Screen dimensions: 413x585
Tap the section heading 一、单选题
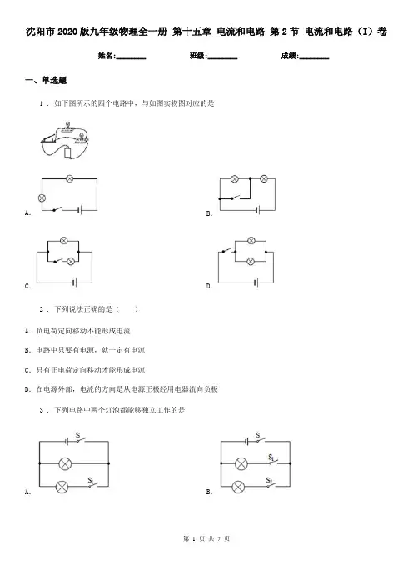(x=46, y=80)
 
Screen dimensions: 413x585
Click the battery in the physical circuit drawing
(x=67, y=152)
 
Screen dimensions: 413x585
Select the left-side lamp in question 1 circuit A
(x=42, y=197)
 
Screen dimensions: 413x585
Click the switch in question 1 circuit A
(x=57, y=209)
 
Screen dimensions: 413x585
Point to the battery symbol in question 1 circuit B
(x=257, y=210)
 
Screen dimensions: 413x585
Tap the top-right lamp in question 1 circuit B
(x=264, y=178)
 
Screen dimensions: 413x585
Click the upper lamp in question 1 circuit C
(x=64, y=241)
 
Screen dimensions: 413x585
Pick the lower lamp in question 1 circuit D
(x=251, y=261)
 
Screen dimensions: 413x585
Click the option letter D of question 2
(x=27, y=389)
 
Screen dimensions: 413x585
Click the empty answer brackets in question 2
(x=127, y=309)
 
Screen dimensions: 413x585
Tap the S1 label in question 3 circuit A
(x=91, y=480)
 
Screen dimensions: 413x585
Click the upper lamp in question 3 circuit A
(x=65, y=463)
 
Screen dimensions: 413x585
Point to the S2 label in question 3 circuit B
(x=270, y=480)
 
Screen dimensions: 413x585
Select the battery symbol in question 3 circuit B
(x=246, y=442)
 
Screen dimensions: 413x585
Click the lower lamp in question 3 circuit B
(x=238, y=487)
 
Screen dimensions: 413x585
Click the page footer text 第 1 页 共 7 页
(x=206, y=538)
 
